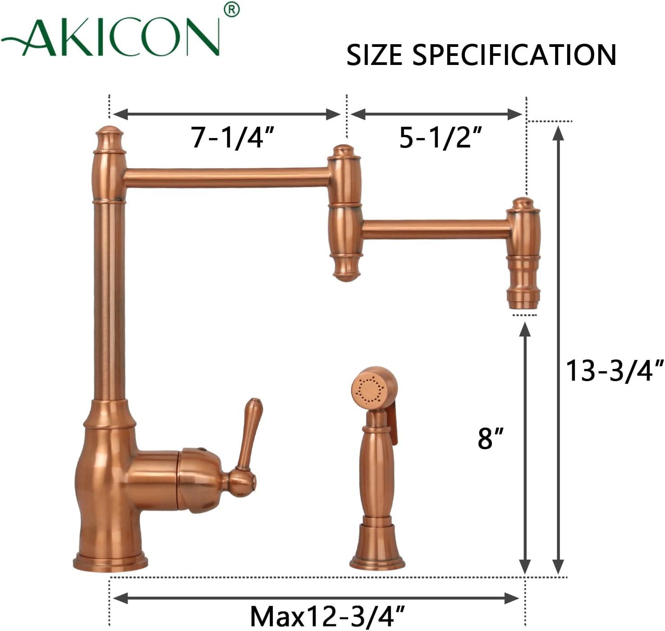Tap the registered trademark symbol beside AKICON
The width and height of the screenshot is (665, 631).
point(231,10)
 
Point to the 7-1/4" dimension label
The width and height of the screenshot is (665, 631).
point(232,137)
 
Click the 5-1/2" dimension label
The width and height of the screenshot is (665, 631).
point(441,137)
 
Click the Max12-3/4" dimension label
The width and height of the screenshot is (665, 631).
point(327,616)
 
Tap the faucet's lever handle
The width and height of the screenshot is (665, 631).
point(249,435)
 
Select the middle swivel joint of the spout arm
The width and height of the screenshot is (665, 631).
point(344,212)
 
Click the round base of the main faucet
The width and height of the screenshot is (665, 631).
point(110,562)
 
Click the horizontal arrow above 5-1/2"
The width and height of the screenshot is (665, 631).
point(436,115)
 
